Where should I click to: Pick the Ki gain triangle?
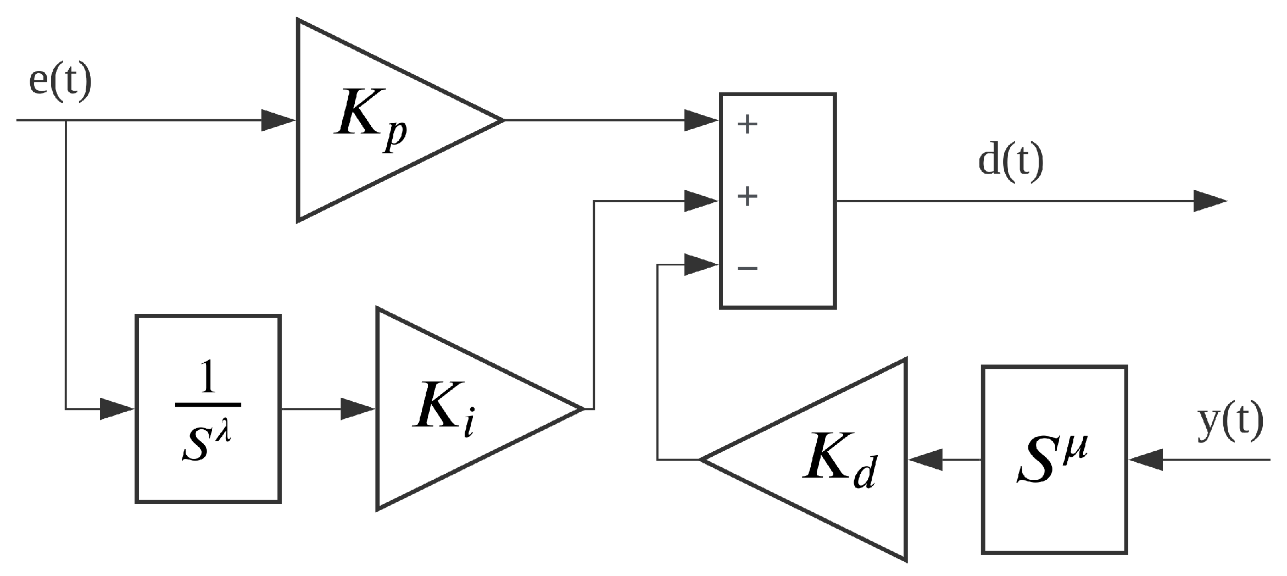point(456,409)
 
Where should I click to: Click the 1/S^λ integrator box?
point(208,409)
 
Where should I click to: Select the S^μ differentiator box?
point(1054,459)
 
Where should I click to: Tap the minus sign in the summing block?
point(748,268)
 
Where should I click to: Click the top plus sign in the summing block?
point(748,124)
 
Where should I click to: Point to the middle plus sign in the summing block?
point(748,196)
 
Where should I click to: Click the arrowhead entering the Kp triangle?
point(277,120)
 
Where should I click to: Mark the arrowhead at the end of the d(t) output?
point(1210,201)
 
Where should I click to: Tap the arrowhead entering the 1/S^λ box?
point(116,409)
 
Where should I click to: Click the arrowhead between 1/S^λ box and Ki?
point(357,409)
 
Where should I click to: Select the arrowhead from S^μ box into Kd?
point(926,459)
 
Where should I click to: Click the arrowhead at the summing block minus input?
point(701,265)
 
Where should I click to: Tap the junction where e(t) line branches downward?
point(66,120)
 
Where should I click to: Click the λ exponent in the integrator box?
point(224,432)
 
